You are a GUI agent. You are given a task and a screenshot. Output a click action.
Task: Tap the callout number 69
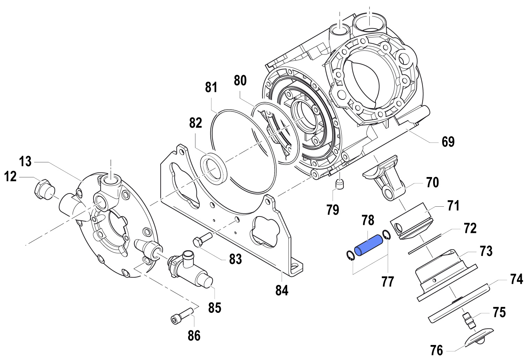coord(448,142)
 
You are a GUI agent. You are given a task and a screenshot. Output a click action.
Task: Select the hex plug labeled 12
coord(43,189)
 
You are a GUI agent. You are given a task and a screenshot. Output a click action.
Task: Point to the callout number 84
coord(282,290)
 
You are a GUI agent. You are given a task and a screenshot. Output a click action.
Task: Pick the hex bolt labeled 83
coord(202,240)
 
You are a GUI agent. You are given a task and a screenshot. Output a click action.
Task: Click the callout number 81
coord(211,87)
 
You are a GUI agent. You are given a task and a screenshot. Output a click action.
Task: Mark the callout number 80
coord(240,81)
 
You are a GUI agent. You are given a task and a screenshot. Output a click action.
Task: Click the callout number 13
coord(25,162)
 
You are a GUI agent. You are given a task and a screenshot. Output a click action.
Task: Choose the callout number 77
coord(388,281)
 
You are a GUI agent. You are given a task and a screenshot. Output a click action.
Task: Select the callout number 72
coord(470,228)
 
